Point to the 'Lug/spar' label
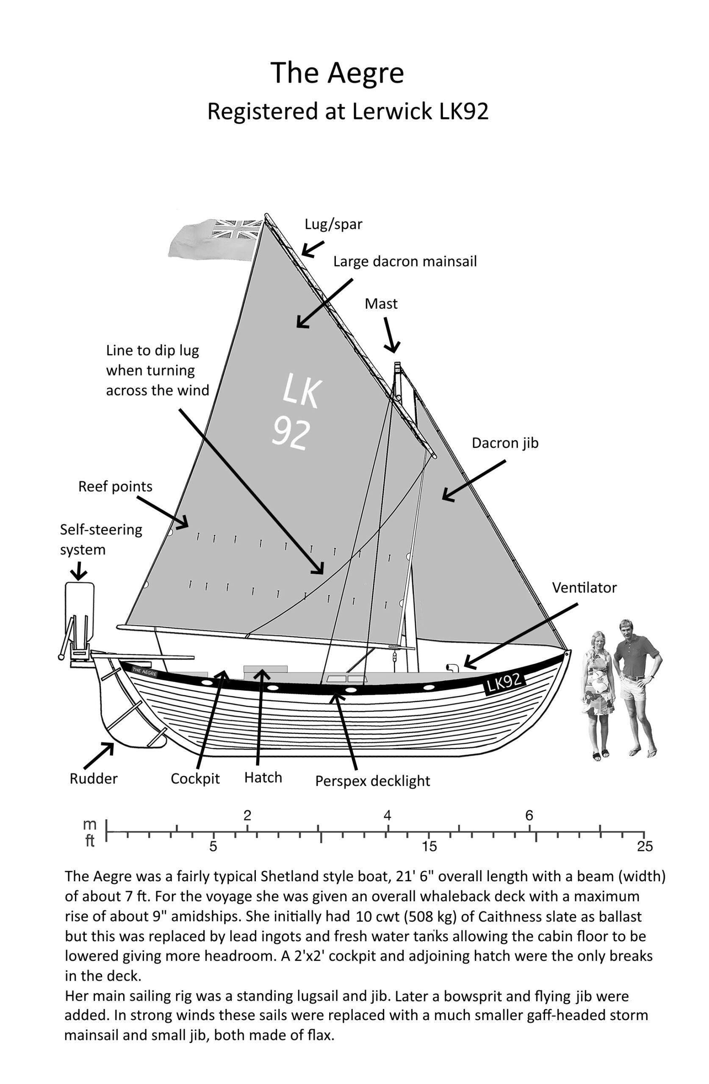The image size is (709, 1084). click(334, 224)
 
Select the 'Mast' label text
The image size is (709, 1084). click(381, 303)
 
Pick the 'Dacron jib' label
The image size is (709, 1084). click(505, 443)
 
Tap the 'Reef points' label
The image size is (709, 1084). click(115, 487)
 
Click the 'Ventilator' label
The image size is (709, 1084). click(584, 588)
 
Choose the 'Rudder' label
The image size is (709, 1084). click(94, 778)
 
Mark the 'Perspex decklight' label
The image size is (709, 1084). click(373, 781)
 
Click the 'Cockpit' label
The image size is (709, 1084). click(195, 779)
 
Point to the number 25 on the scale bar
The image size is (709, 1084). click(645, 846)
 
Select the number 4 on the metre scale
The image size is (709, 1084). click(387, 815)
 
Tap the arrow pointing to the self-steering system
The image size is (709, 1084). click(79, 570)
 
